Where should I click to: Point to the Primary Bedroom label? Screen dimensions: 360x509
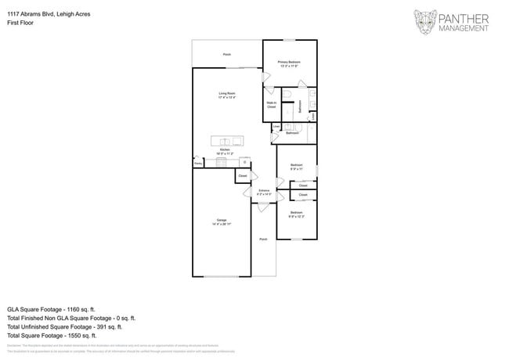pyautogui.click(x=290, y=63)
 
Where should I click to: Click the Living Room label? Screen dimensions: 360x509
pyautogui.click(x=227, y=95)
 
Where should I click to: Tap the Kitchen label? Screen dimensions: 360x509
pyautogui.click(x=225, y=151)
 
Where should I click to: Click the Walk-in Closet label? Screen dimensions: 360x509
pyautogui.click(x=271, y=104)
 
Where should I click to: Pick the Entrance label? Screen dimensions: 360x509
pyautogui.click(x=264, y=191)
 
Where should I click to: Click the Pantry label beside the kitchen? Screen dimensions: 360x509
pyautogui.click(x=198, y=164)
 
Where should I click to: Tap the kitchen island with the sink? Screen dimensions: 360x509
pyautogui.click(x=227, y=141)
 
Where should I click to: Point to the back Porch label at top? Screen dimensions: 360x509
pyautogui.click(x=227, y=55)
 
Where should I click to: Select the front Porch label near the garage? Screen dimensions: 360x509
pyautogui.click(x=263, y=239)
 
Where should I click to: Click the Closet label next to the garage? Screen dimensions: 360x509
pyautogui.click(x=243, y=176)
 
